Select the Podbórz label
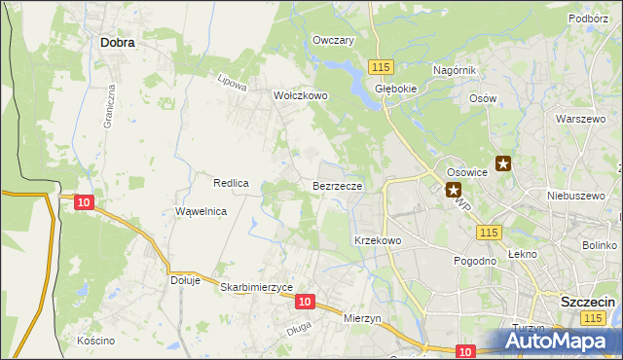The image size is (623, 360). click(x=588, y=18)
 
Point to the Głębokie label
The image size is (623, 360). click(x=395, y=87)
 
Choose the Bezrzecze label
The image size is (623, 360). click(x=338, y=185)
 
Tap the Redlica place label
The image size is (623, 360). click(x=233, y=183)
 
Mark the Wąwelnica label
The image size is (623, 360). click(x=201, y=211)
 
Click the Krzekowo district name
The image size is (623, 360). click(x=378, y=239)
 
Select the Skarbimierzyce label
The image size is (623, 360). click(x=257, y=288)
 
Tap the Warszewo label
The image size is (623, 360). click(x=574, y=119)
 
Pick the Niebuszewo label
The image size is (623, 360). click(x=570, y=194)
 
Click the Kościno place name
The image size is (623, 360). click(x=96, y=341)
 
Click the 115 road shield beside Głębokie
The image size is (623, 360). click(x=381, y=65)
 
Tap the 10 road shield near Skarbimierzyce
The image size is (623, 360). click(x=305, y=303)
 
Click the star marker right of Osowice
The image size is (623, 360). click(x=503, y=164)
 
